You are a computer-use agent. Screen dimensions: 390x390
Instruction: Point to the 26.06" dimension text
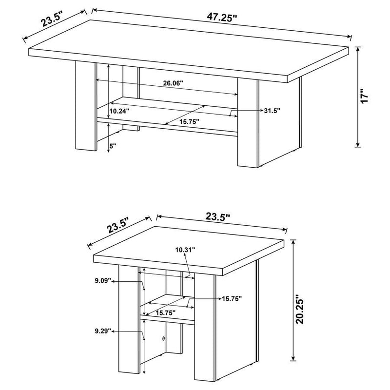click(173, 83)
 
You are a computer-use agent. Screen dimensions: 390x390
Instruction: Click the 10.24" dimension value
click(119, 111)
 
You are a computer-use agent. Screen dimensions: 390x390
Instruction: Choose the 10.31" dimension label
click(185, 250)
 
